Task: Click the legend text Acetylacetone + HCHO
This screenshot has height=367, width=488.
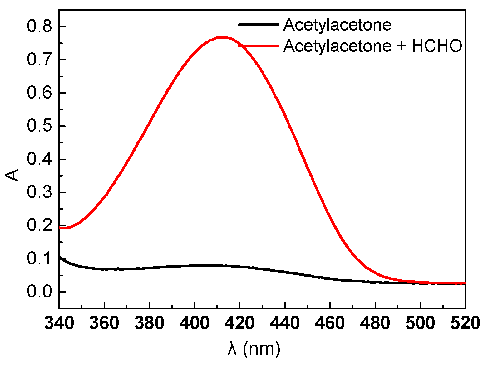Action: point(372,46)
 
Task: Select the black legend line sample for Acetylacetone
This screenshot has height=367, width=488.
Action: point(259,24)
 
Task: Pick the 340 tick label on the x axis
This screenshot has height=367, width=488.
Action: point(59,323)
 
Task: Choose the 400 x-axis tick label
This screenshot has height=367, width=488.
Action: point(195,323)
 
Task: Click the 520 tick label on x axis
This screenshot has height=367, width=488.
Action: point(465,323)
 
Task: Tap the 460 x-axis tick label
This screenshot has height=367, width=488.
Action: point(330,323)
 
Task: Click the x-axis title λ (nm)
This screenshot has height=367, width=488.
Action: point(254,348)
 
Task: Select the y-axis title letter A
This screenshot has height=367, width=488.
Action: point(13,175)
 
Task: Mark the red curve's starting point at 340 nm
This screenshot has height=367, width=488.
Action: point(60,228)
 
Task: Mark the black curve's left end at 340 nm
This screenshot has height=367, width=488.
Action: point(60,258)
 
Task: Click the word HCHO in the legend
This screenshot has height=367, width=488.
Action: point(437,46)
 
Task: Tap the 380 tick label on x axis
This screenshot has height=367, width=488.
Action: point(150,323)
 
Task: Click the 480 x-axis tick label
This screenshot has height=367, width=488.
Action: point(375,323)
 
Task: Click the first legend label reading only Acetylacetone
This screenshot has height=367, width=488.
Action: point(337,25)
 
